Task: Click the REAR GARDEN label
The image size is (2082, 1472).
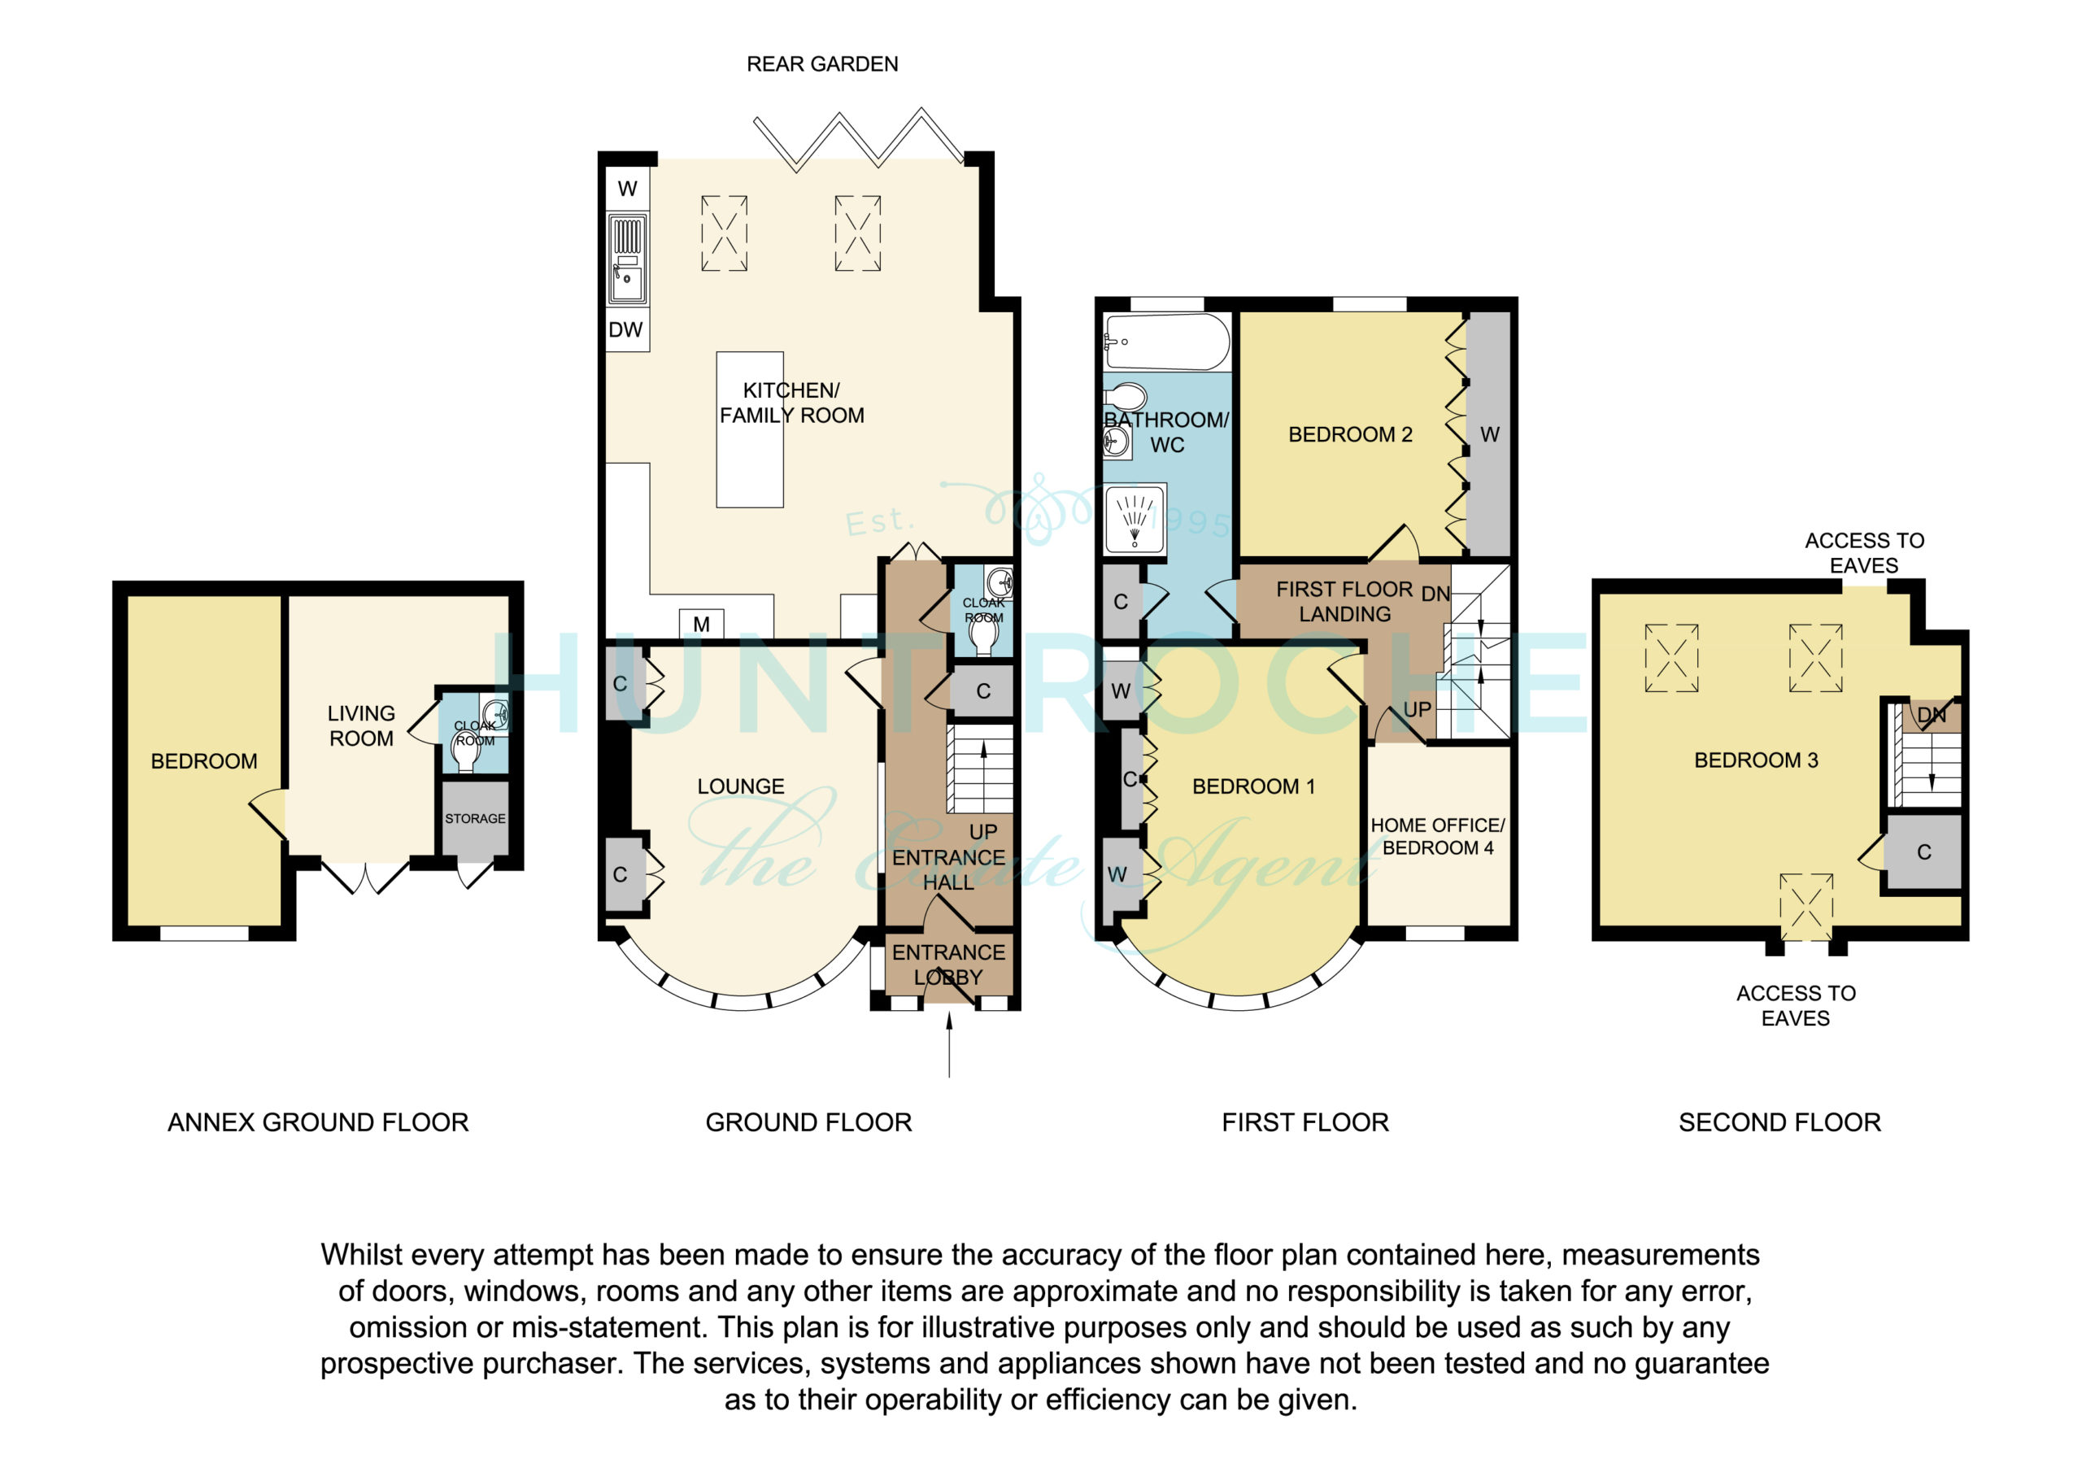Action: tap(821, 64)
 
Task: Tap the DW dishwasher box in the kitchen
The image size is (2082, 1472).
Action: tap(626, 329)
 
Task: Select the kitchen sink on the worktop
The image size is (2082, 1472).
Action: tap(626, 259)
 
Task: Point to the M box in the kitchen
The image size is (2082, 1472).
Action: tap(701, 624)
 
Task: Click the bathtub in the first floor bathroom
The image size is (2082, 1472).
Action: tap(1167, 342)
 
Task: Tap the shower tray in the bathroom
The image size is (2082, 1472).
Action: tap(1135, 520)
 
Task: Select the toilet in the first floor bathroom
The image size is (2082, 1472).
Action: tap(1126, 396)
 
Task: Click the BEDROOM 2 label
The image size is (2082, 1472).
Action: tap(1350, 434)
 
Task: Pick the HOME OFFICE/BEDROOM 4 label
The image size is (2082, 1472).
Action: tap(1437, 836)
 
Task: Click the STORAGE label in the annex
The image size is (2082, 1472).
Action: tap(475, 819)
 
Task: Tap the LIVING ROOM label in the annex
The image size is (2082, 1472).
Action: tap(361, 725)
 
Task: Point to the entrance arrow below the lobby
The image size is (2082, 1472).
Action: tap(949, 1045)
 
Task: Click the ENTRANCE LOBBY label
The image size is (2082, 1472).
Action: tap(948, 964)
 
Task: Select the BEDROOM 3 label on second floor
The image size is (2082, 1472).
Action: tap(1757, 760)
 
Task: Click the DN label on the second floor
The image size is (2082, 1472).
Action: tap(1932, 716)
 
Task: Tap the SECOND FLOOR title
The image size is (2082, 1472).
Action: tap(1780, 1123)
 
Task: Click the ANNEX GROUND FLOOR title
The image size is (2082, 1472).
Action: tap(318, 1123)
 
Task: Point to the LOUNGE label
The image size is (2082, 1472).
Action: tap(741, 786)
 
